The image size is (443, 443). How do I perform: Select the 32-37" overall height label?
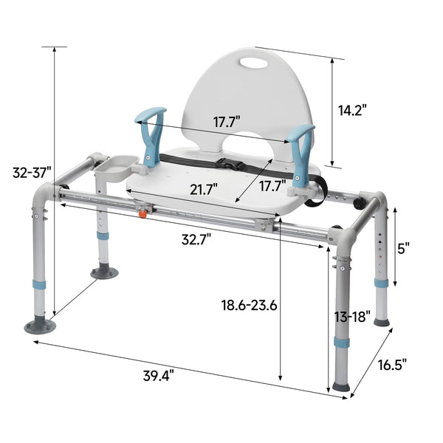32,173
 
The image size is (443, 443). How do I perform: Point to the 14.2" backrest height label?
351,109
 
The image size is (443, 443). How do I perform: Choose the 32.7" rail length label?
196,238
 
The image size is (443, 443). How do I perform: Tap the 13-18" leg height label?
351,317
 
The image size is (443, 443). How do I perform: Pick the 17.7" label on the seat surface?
270,187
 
